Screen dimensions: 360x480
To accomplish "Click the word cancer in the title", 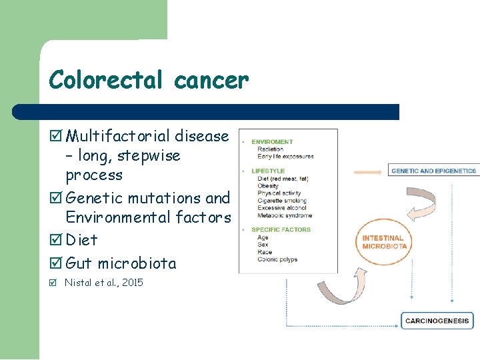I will click(x=211, y=80).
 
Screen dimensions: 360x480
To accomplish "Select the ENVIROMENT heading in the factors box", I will click(x=272, y=142).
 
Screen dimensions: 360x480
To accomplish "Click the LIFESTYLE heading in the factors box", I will click(x=268, y=171).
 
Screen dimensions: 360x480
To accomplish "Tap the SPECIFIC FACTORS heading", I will click(x=281, y=230).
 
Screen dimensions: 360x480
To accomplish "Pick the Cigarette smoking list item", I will click(x=282, y=201).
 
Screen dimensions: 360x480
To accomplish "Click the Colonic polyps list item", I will click(x=277, y=259).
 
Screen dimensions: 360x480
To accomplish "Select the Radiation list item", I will click(x=271, y=149).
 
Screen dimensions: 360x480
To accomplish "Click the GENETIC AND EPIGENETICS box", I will click(x=433, y=171).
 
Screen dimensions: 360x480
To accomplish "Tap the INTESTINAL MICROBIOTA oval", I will click(x=383, y=242).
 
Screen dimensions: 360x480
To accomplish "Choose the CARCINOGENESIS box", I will click(x=437, y=321).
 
